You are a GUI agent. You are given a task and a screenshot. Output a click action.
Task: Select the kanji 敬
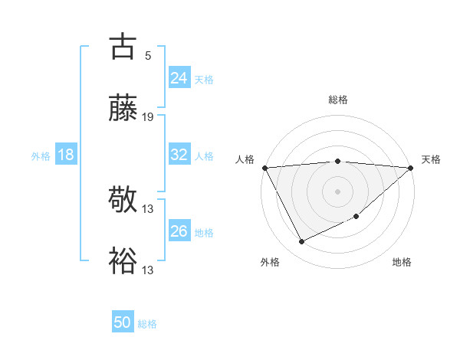(123, 200)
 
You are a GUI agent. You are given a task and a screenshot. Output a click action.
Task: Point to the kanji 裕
(123, 261)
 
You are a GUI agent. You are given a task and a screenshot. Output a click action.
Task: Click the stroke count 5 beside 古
(148, 55)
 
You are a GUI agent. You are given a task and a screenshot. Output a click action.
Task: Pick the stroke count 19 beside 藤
(148, 117)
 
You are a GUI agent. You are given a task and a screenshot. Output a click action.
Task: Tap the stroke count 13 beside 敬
(148, 209)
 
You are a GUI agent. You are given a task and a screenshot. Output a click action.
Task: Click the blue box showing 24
(179, 77)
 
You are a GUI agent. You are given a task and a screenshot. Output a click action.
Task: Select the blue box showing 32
(179, 155)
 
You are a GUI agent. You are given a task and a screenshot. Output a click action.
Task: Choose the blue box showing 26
(179, 231)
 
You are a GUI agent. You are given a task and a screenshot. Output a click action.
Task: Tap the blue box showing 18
(66, 155)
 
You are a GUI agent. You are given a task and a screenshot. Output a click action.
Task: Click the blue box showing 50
(123, 322)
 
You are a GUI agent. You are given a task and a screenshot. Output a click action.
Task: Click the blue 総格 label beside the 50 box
(147, 324)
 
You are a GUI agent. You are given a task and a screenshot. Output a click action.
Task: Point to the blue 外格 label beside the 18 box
(41, 155)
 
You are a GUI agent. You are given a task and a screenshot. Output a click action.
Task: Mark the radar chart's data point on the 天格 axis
(411, 167)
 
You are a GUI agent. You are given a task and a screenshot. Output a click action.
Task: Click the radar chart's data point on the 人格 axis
(264, 167)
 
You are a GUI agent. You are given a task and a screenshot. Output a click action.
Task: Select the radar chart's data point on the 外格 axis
(301, 242)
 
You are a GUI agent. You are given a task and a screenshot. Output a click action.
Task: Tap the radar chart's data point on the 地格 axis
(357, 216)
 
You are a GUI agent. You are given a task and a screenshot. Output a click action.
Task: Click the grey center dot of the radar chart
(338, 191)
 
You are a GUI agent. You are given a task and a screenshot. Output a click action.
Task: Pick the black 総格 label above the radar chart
(338, 100)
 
